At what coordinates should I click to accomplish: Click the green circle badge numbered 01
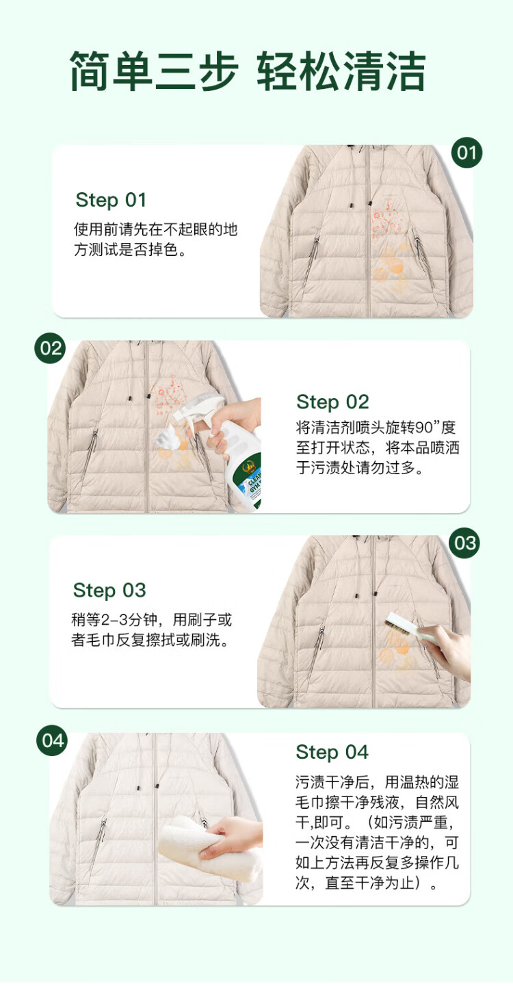(466, 153)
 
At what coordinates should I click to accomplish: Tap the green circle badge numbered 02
(51, 348)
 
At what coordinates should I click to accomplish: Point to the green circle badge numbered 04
(52, 740)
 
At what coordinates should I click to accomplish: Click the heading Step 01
(111, 200)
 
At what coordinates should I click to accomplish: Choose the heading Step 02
(332, 402)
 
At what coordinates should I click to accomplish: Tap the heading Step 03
(109, 590)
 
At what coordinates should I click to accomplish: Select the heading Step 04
(332, 753)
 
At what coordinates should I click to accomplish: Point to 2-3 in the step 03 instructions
(116, 620)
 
